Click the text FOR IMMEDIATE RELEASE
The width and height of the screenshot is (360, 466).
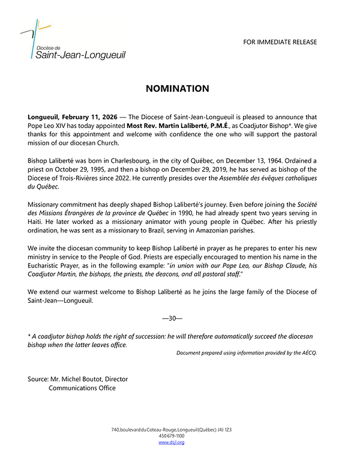pos(280,42)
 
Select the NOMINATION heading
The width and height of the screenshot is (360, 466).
pos(177,89)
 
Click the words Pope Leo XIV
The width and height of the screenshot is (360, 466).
pos(47,127)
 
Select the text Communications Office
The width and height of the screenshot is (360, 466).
pos(82,388)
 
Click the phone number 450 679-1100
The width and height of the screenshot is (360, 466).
pos(171,436)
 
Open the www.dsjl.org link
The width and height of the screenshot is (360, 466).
pos(171,442)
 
